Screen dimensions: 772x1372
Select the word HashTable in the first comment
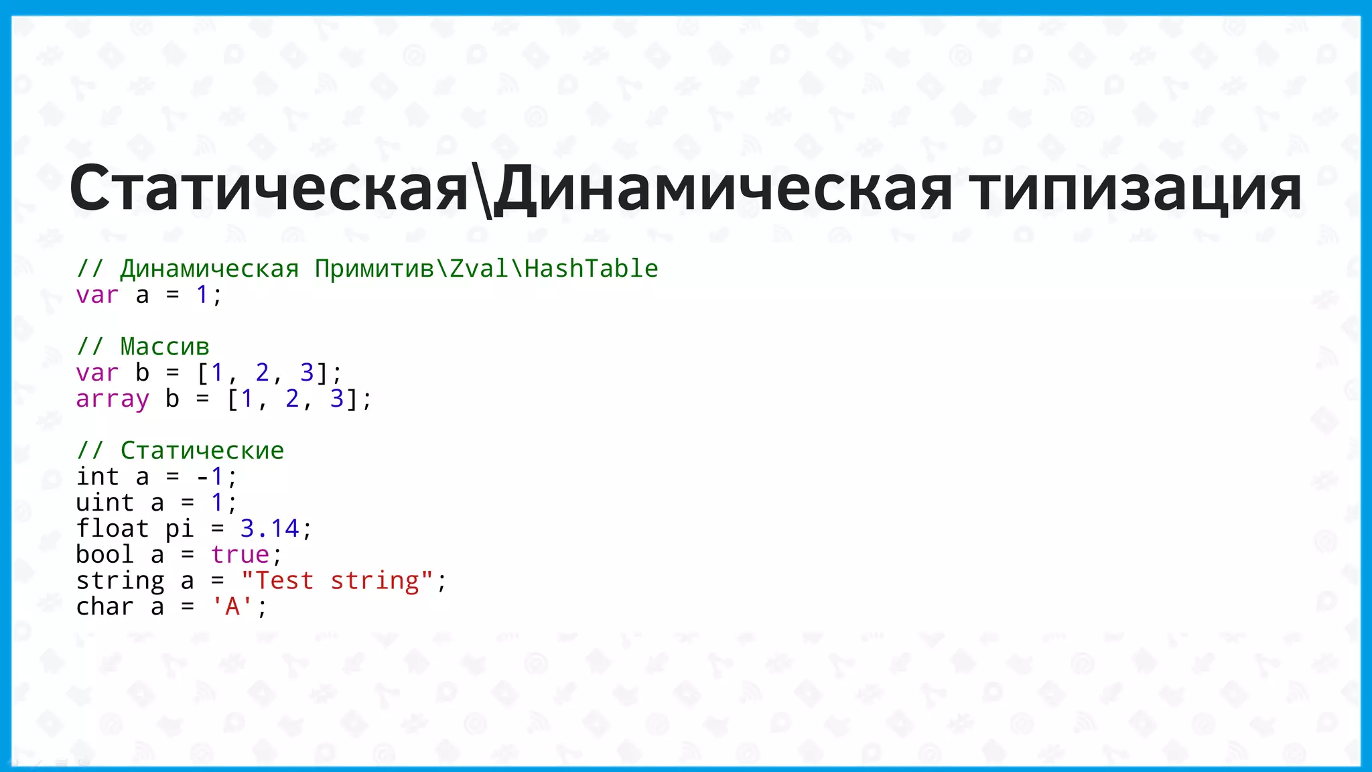[592, 269]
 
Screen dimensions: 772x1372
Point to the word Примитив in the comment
[374, 269]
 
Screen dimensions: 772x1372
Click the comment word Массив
[165, 346]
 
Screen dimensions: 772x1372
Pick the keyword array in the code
[113, 399]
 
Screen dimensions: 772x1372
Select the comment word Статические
[202, 450]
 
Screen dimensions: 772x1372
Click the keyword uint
[105, 503]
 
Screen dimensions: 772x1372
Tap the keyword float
[113, 529]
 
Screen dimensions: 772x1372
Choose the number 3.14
[269, 529]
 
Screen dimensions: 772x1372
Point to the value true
[240, 555]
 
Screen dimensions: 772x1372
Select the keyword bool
[105, 555]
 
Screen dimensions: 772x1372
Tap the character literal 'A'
[232, 606]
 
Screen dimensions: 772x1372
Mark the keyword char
[105, 606]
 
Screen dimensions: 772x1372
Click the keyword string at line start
[120, 581]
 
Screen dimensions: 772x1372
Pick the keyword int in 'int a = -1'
[98, 476]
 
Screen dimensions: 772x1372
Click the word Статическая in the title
[268, 189]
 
